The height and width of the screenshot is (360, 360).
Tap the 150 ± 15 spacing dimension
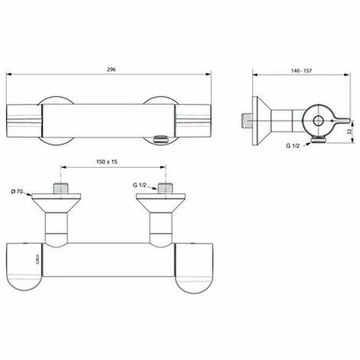[110, 162]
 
